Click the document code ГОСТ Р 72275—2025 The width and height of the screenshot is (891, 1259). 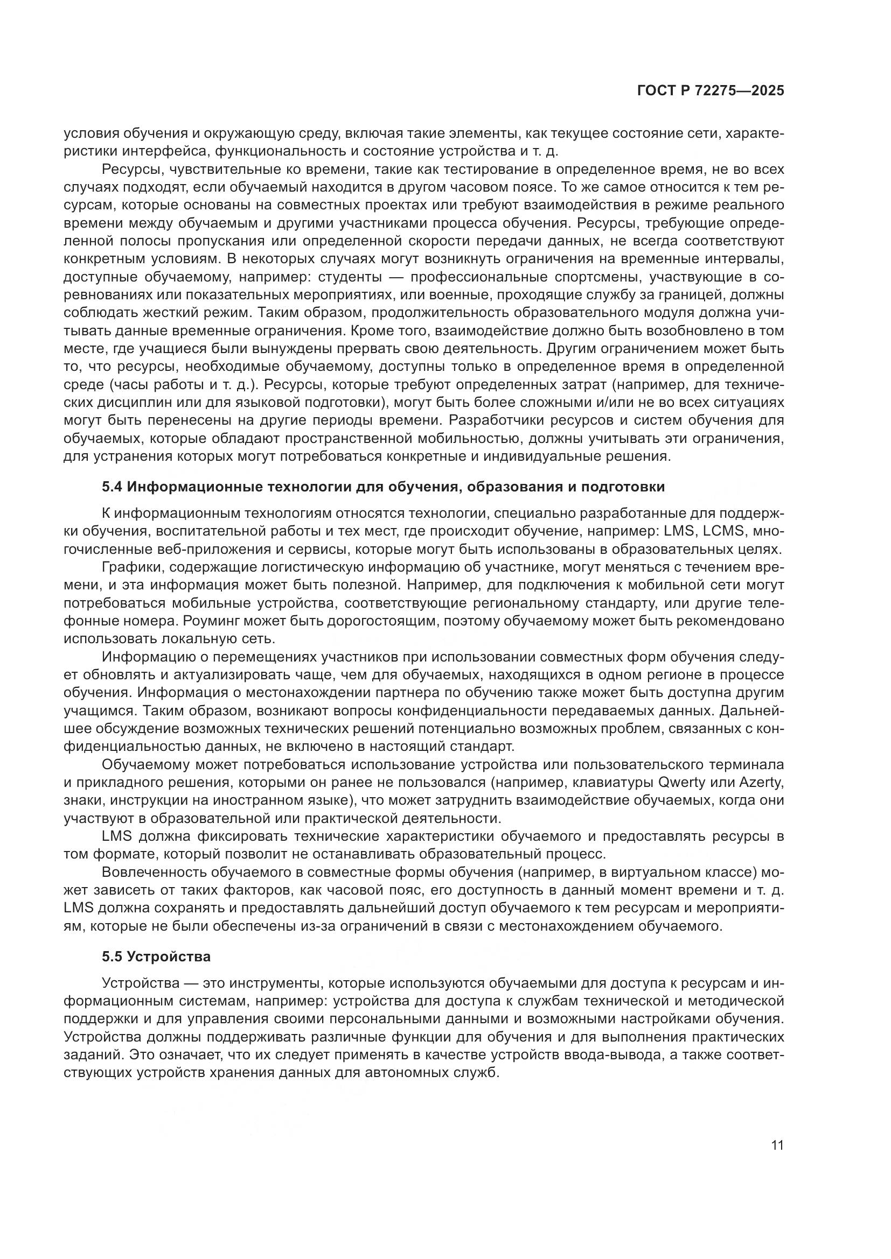710,91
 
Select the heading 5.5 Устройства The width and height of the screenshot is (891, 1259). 156,957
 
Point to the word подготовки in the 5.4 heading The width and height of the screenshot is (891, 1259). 631,487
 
